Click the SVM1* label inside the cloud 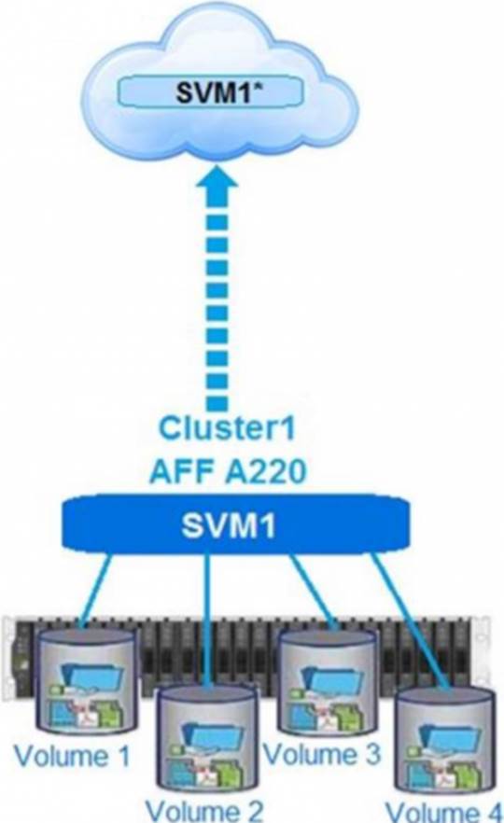(220, 93)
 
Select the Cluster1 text (227, 428)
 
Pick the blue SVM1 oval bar (236, 523)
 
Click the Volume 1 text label (72, 756)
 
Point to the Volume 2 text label (204, 810)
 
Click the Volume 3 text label (321, 754)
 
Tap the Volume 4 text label (442, 811)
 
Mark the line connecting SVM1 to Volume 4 (410, 620)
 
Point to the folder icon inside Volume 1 (92, 674)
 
